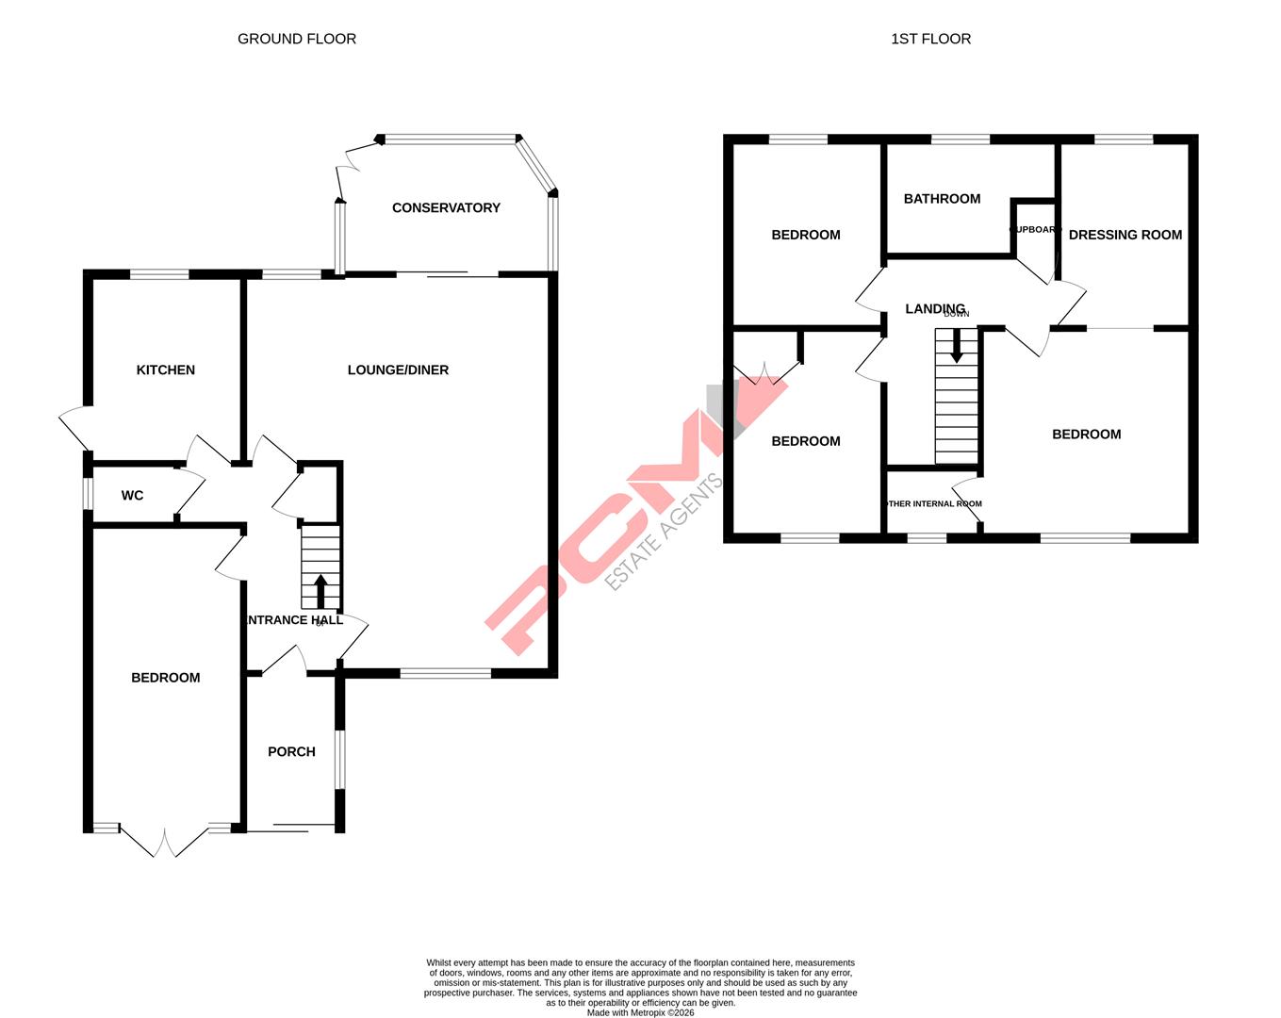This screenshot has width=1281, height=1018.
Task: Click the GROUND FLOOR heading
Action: click(x=296, y=39)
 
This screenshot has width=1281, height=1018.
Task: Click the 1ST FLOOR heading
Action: click(x=930, y=39)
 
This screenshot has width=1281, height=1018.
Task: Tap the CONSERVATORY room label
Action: click(x=446, y=207)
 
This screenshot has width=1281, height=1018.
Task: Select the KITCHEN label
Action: click(x=166, y=369)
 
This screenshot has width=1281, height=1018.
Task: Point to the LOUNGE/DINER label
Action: click(x=398, y=369)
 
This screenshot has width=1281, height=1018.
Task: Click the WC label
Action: click(x=132, y=495)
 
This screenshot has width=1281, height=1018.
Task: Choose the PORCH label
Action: click(x=291, y=751)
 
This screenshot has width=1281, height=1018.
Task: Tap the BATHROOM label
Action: click(x=942, y=198)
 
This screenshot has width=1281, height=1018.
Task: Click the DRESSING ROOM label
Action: click(x=1125, y=235)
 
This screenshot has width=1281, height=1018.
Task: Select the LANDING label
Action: click(x=934, y=308)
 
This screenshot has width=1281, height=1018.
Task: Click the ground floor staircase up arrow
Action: click(x=320, y=590)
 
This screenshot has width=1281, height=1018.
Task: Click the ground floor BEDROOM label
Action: click(x=165, y=677)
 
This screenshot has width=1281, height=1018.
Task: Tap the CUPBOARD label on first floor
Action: click(x=1035, y=229)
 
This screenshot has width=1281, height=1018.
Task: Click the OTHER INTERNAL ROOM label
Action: click(x=933, y=503)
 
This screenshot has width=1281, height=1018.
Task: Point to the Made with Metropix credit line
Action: click(x=640, y=1013)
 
